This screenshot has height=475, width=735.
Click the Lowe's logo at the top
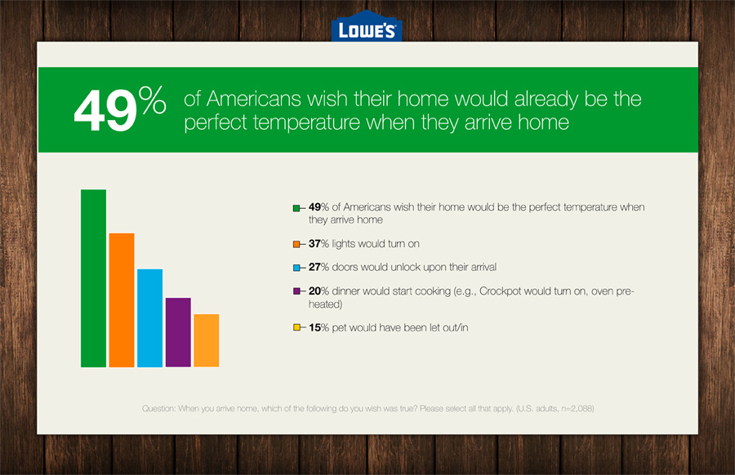click(367, 26)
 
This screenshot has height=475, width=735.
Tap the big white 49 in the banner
click(105, 110)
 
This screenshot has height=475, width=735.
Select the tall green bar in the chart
click(93, 278)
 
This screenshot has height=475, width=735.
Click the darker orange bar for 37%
click(122, 300)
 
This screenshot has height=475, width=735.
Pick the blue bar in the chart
click(149, 318)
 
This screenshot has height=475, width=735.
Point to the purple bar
click(178, 332)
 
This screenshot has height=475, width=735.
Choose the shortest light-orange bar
click(207, 340)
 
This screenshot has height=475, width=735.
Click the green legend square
click(296, 208)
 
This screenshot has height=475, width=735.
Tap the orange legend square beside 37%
click(296, 244)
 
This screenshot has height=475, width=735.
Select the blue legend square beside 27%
click(296, 268)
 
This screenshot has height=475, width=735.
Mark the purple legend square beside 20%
click(296, 291)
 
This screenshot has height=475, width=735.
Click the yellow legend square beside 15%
click(296, 327)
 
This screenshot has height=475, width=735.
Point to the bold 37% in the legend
click(318, 243)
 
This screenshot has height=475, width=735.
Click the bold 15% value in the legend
click(318, 327)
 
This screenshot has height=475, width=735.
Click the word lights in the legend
click(345, 244)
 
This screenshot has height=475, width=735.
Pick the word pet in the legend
click(339, 328)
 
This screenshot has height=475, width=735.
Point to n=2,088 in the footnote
click(577, 408)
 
